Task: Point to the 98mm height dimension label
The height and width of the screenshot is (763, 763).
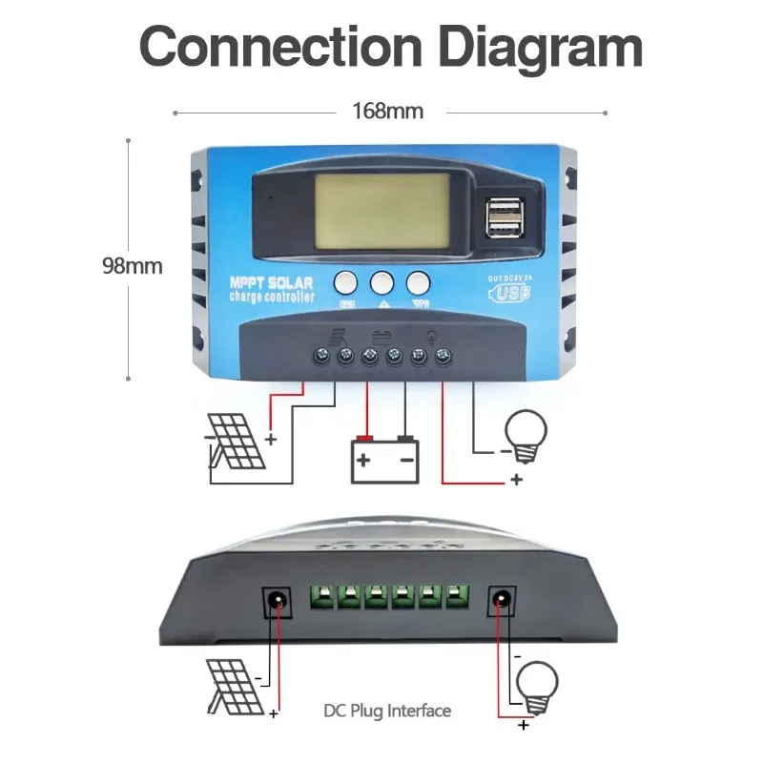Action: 133,266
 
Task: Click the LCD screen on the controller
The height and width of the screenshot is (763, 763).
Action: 382,212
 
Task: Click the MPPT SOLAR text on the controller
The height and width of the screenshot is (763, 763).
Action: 272,283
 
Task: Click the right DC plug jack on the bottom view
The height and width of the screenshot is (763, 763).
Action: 502,601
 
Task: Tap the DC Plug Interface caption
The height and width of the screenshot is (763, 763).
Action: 387,711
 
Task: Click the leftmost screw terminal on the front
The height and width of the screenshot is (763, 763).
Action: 321,355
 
